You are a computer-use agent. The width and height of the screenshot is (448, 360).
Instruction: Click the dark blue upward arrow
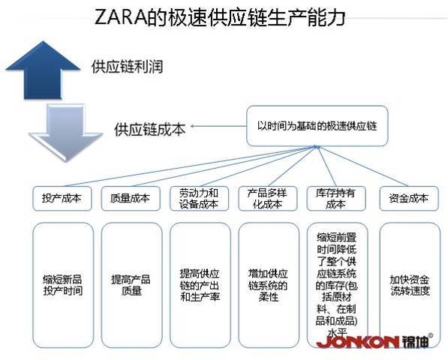43,71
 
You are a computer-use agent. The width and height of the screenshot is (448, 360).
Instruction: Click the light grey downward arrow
66,131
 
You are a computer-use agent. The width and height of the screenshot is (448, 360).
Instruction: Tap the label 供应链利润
127,67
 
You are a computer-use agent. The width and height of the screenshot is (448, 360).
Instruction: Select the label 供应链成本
150,129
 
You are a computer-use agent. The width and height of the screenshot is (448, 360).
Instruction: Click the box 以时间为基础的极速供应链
317,126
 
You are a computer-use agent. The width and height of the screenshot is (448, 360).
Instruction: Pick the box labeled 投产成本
62,199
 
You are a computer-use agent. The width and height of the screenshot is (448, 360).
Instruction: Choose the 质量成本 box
131,199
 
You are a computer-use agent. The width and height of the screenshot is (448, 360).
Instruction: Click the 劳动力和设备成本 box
199,199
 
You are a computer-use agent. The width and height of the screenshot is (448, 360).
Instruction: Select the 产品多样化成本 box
268,199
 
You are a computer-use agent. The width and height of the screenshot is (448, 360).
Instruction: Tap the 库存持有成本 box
336,199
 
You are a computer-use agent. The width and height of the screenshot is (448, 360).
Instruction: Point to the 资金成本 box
409,199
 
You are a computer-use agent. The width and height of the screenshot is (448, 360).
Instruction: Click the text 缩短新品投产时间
63,285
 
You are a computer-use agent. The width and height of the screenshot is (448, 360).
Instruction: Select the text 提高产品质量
131,285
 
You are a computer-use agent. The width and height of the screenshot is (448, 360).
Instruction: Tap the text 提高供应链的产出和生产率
200,285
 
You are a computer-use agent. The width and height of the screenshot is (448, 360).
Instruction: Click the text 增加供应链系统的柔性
268,285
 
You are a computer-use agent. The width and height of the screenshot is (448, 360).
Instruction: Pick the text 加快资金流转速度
410,285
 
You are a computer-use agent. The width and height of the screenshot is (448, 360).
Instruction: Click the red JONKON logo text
358,342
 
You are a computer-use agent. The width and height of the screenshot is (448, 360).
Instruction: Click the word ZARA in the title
120,17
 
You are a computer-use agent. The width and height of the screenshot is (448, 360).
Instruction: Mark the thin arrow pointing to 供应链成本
218,126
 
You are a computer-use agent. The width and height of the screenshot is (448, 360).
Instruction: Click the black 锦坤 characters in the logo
415,341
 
